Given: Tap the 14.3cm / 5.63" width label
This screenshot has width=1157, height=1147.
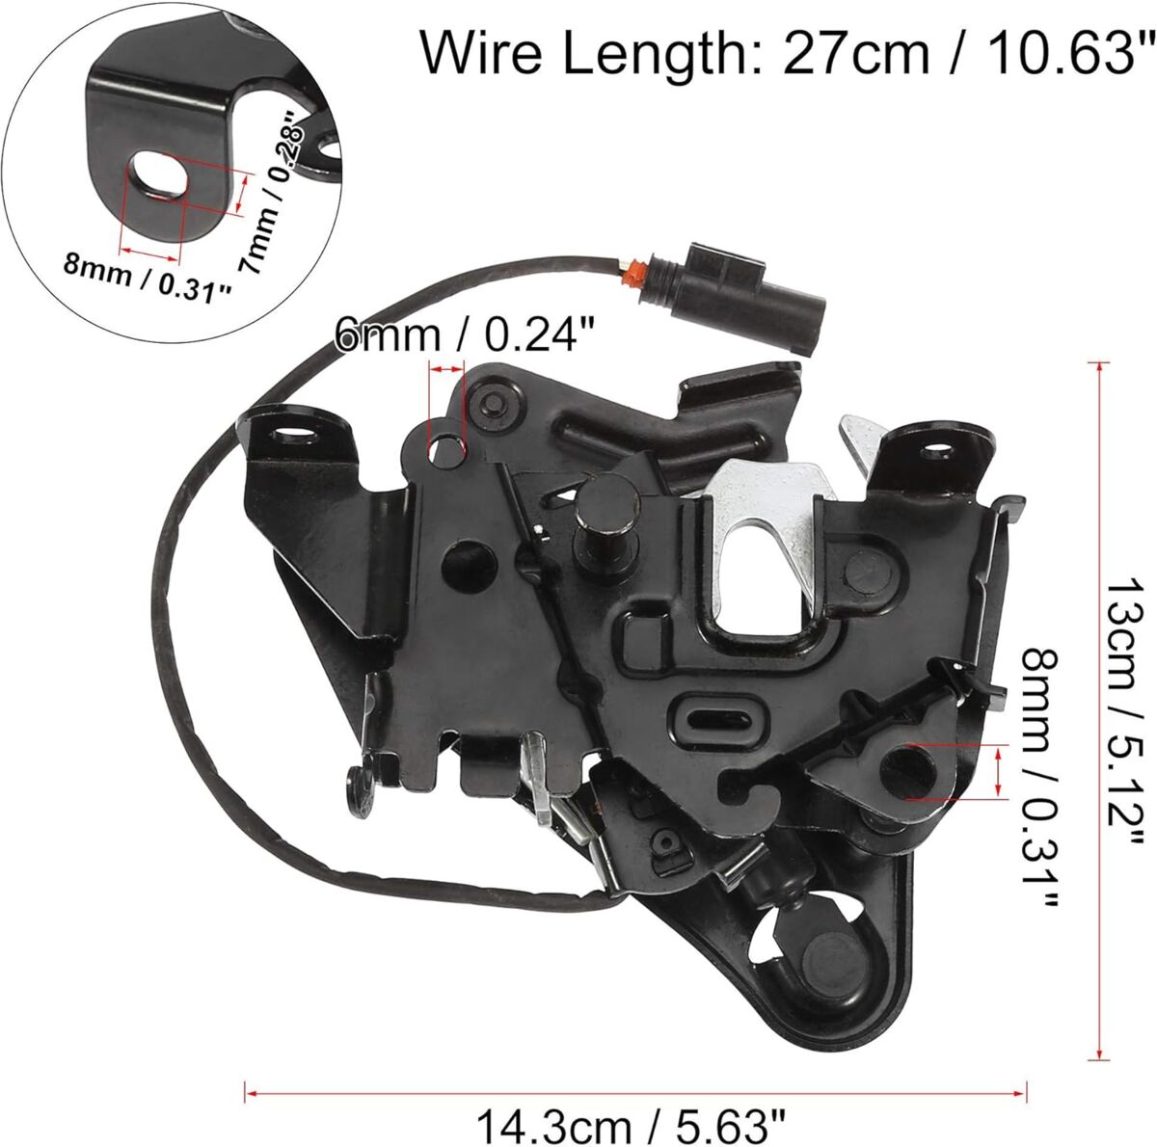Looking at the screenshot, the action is [631, 1112].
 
